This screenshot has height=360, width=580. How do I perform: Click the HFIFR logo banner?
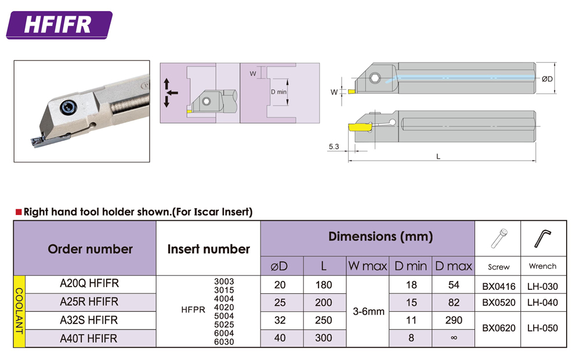(x=59, y=25)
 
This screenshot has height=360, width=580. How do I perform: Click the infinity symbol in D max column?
(x=454, y=337)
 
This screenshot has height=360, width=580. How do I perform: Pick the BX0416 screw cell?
(x=499, y=286)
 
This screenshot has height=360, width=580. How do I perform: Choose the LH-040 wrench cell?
(x=542, y=303)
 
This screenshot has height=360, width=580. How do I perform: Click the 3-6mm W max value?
(x=368, y=311)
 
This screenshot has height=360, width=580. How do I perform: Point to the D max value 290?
(x=454, y=320)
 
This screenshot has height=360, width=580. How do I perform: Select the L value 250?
(x=324, y=320)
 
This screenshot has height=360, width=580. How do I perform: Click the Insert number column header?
(x=209, y=249)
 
